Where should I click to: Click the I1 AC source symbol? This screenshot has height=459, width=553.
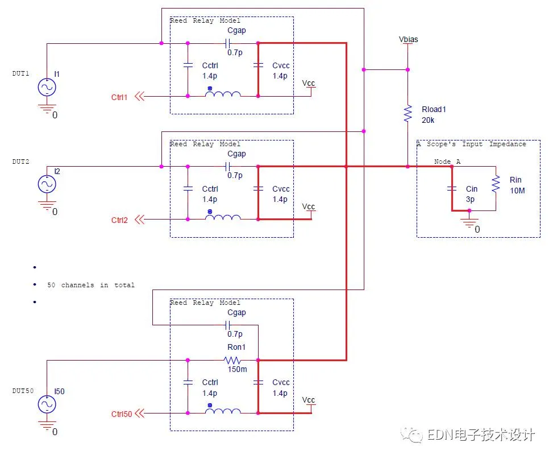tap(47, 87)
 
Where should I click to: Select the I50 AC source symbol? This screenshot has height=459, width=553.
tap(47, 404)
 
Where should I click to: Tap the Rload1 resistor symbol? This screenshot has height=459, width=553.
tap(408, 113)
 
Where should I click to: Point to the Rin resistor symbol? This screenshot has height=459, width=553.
tap(496, 184)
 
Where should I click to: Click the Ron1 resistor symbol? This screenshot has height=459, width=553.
tap(232, 360)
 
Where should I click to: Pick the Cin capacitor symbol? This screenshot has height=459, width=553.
tap(452, 188)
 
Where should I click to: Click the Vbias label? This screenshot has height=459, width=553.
tap(409, 39)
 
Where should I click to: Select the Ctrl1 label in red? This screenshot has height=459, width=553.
tap(119, 97)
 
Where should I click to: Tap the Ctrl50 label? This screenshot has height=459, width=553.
tap(122, 414)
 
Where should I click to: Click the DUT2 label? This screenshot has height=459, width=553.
tap(21, 162)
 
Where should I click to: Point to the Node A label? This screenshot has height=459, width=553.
tap(447, 162)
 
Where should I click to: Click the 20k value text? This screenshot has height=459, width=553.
tap(428, 120)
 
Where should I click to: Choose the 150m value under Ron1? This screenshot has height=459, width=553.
tap(238, 369)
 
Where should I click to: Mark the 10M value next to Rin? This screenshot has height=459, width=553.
tap(517, 191)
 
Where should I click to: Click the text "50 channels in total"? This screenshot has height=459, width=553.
tap(91, 285)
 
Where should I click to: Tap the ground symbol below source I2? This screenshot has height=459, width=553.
tap(47, 205)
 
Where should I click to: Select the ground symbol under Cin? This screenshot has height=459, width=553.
tap(469, 222)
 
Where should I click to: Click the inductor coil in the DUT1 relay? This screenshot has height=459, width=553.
tap(223, 94)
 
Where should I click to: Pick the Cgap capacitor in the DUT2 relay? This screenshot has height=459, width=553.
tap(227, 166)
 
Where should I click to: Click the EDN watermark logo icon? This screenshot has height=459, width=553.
tap(411, 435)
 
